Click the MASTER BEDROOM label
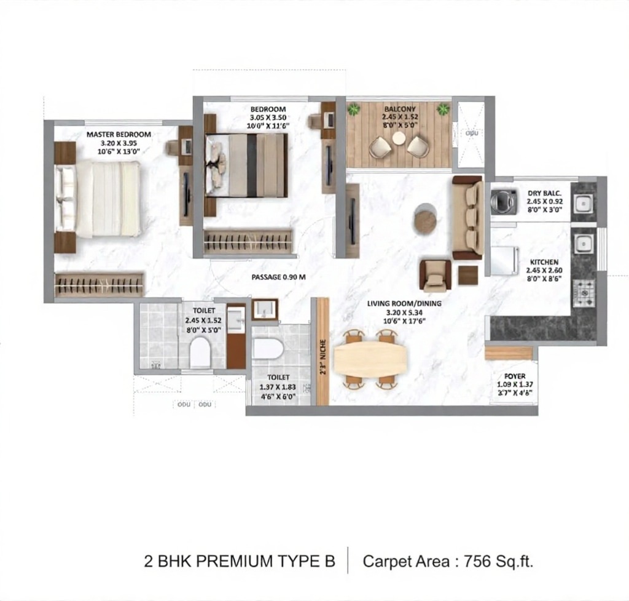[x=118, y=134]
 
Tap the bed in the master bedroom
[x=98, y=198]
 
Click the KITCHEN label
[x=544, y=262]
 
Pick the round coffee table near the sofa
[x=425, y=218]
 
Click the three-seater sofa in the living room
[x=468, y=217]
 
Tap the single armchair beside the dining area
[x=435, y=275]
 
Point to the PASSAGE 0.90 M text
[x=278, y=277]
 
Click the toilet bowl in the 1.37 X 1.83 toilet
[x=268, y=349]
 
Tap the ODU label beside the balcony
[x=471, y=132]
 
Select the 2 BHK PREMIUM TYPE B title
[x=240, y=561]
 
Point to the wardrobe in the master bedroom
[x=100, y=285]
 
